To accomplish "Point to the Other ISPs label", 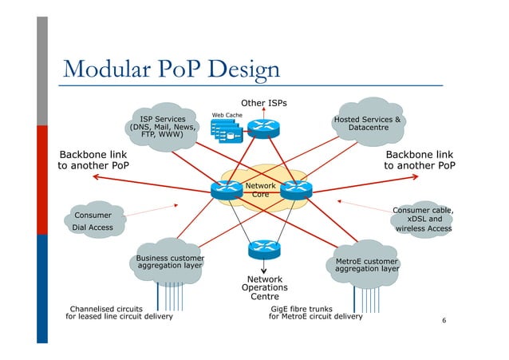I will [x=263, y=103].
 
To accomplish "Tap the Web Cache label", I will [x=227, y=115].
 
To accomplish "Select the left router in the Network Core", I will [x=226, y=189].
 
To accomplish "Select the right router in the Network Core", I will [x=297, y=189].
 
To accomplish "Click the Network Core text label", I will [x=261, y=190].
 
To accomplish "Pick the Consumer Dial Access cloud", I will [x=93, y=221].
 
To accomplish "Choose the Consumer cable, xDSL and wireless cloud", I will [x=424, y=219].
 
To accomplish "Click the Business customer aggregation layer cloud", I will [x=169, y=262].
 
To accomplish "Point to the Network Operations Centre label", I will [x=264, y=287].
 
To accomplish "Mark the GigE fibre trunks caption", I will [x=315, y=311].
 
